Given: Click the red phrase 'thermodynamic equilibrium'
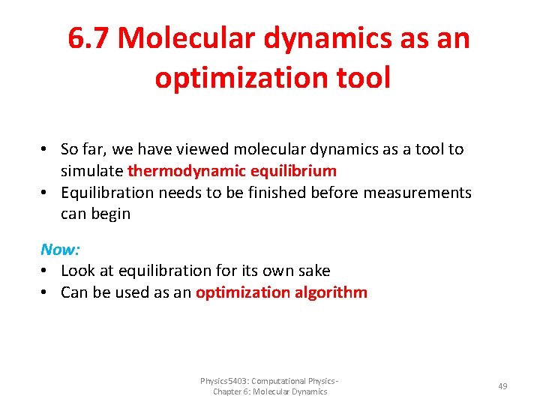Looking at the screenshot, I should (232, 170).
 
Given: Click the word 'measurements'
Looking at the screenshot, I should (418, 193).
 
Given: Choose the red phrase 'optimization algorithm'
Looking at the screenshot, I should (281, 292).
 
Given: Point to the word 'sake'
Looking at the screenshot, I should (313, 270).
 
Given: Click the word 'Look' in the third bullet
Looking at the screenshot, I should (78, 270).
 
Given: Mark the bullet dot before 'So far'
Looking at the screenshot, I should (46, 149).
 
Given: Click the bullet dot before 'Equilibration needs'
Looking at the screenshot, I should (46, 193).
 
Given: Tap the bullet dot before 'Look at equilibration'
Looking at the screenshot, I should (46, 270).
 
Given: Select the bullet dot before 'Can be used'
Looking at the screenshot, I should (46, 292).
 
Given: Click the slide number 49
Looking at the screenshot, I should (502, 385).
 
